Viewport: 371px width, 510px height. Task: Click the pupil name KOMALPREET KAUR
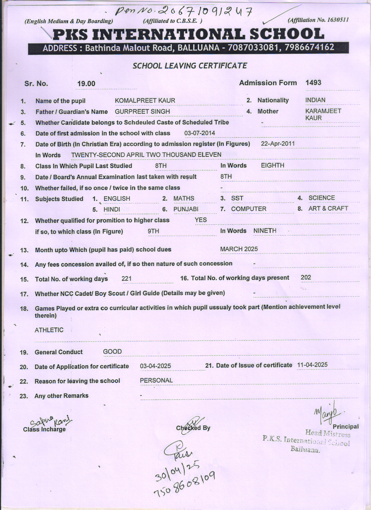[145, 101]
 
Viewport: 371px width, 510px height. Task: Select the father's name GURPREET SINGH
[142, 112]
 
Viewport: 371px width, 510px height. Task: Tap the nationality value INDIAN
[315, 100]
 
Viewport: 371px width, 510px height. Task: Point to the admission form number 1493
[313, 83]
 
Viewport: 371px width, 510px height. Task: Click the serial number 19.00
[86, 84]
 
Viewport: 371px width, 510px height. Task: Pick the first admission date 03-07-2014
[200, 133]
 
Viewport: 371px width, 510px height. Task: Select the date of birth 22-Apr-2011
[278, 144]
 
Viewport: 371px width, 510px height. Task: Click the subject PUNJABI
[186, 209]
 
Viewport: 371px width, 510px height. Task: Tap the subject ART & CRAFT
[328, 208]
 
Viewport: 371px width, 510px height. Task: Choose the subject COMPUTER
[248, 209]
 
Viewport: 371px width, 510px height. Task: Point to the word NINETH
[265, 231]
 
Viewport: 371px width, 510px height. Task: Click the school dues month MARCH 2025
[239, 249]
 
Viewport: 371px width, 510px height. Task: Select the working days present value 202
[306, 277]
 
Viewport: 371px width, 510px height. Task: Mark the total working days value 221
[127, 279]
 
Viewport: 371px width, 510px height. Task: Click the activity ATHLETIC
[49, 330]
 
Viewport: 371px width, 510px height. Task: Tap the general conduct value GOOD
[112, 352]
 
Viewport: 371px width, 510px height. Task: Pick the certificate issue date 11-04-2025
[312, 365]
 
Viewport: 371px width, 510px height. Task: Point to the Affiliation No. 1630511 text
[318, 20]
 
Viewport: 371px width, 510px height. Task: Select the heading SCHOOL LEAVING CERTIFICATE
[190, 66]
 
